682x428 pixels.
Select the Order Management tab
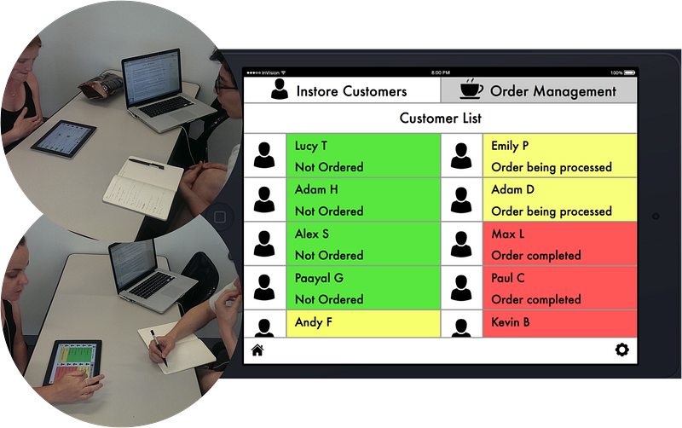point(539,90)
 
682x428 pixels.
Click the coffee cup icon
point(471,89)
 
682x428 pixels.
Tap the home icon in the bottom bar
point(257,350)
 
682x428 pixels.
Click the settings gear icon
point(622,350)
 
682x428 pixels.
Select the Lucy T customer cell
point(363,155)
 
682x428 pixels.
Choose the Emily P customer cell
point(560,155)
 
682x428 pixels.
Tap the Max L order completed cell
point(560,244)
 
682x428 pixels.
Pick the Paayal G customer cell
point(363,288)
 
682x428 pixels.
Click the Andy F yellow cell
point(363,324)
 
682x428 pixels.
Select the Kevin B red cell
point(560,324)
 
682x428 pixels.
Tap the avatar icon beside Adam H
point(264,200)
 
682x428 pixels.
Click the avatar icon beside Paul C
point(461,288)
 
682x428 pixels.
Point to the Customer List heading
point(440,118)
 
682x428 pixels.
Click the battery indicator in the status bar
point(629,72)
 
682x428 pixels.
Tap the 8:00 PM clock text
point(440,72)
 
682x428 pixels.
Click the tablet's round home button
point(220,217)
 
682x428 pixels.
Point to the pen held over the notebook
point(159,348)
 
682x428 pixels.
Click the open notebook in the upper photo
point(143,187)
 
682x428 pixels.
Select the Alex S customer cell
point(363,244)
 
